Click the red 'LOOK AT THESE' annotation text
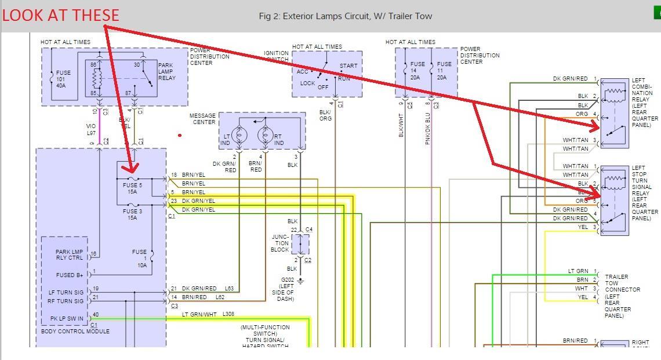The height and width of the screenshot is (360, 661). click(x=60, y=15)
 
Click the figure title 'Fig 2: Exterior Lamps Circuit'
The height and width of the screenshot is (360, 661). click(x=345, y=16)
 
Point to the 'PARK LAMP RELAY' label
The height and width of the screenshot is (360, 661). click(x=166, y=71)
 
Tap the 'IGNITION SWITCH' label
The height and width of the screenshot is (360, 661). click(x=276, y=57)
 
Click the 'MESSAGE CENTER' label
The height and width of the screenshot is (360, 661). click(x=202, y=119)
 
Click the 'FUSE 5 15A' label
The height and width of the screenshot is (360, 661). click(x=132, y=188)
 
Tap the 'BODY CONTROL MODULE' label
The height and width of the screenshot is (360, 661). click(x=75, y=332)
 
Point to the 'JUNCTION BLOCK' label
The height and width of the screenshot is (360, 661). click(x=280, y=243)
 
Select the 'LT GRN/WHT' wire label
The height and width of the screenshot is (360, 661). click(x=199, y=315)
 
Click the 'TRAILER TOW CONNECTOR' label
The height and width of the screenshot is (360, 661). click(x=622, y=289)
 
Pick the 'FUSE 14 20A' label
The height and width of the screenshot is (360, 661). click(x=417, y=68)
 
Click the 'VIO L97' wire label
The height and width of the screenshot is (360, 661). click(x=91, y=130)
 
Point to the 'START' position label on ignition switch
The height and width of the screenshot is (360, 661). click(x=348, y=66)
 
